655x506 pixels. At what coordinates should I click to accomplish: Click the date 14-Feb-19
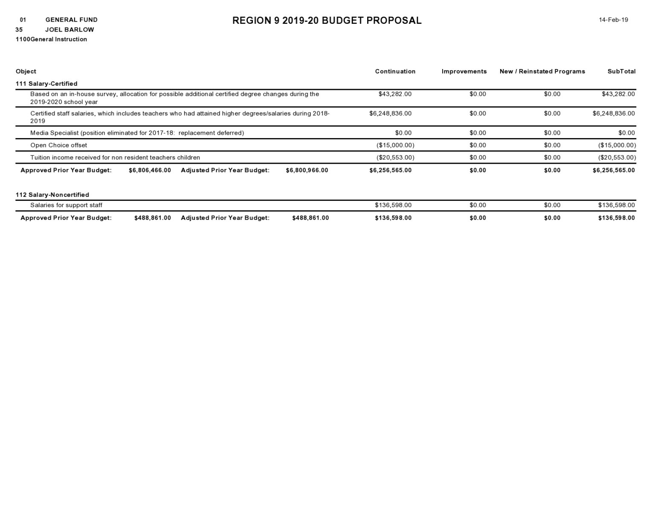[x=613, y=20]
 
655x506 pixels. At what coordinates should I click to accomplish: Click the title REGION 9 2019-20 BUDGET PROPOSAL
[x=327, y=20]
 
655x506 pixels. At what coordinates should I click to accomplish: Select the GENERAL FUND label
[x=71, y=20]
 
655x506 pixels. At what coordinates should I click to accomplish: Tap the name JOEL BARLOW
[x=70, y=29]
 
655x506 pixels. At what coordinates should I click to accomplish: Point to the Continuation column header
[x=395, y=71]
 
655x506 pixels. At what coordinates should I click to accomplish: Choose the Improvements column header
[x=464, y=71]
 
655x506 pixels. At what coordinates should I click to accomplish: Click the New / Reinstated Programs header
[x=542, y=71]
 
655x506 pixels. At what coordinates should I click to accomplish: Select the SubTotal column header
[x=621, y=71]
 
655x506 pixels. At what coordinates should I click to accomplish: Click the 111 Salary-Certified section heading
[x=46, y=84]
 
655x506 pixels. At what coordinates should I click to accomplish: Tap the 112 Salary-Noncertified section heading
[x=52, y=195]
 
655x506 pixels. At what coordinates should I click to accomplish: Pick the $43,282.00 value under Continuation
[x=395, y=94]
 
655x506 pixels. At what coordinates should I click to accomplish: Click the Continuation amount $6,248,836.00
[x=390, y=113]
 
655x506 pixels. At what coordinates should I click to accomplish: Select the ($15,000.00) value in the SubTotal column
[x=617, y=145]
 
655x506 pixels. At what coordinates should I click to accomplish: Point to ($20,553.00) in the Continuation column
[x=395, y=157]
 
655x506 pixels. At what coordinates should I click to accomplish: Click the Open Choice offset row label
[x=58, y=145]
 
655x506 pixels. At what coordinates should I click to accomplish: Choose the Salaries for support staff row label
[x=66, y=205]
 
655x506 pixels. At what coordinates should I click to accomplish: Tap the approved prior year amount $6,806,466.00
[x=150, y=170]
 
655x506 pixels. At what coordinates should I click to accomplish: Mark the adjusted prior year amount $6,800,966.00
[x=307, y=170]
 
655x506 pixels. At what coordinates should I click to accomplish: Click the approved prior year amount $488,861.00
[x=153, y=218]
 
